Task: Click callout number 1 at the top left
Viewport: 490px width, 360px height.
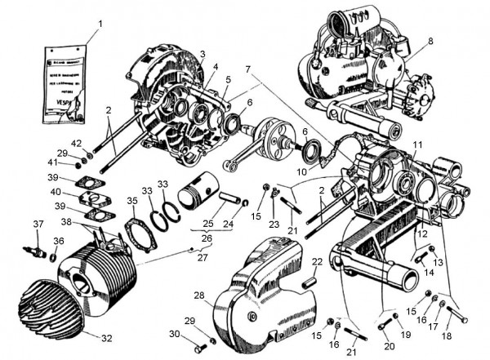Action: click(100, 24)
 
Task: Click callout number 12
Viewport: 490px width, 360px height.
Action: click(423, 235)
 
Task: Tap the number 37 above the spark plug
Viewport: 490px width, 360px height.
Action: click(37, 224)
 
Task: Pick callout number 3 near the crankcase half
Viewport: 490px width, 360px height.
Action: click(201, 54)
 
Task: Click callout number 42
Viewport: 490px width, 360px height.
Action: click(76, 144)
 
